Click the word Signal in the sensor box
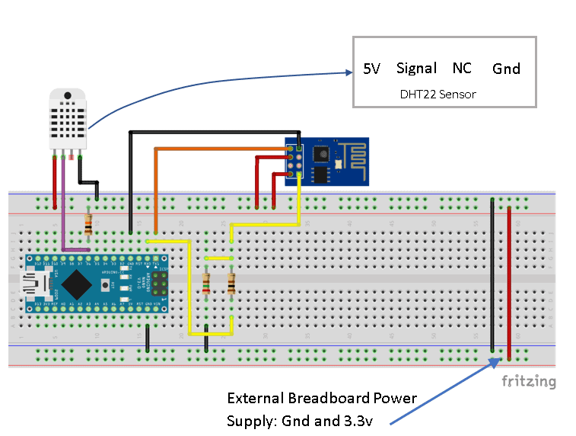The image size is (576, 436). click(416, 69)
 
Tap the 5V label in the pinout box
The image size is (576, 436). click(371, 69)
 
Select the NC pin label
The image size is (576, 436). click(462, 69)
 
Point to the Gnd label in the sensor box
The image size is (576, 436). click(506, 69)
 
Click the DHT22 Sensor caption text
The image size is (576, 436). click(438, 95)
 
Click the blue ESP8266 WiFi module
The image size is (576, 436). click(327, 161)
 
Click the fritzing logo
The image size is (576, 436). click(528, 381)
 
